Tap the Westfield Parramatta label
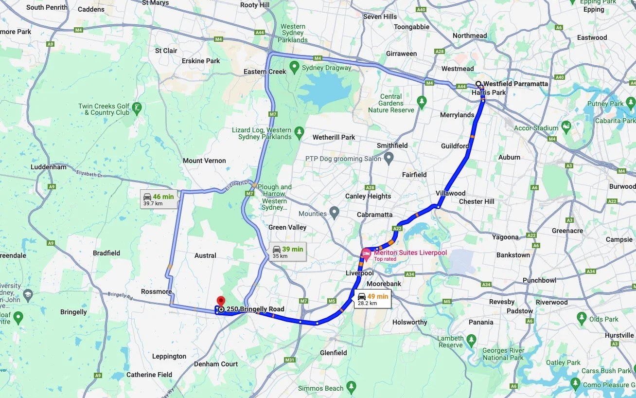[515, 84]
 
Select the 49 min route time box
[373, 299]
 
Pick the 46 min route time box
[159, 199]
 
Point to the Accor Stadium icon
[566, 127]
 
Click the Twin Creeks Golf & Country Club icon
[137, 107]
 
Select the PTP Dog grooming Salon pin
[389, 158]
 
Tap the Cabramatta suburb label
[374, 215]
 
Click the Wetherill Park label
[334, 137]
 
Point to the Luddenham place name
[48, 167]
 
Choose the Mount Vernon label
[204, 161]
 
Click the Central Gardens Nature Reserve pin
[422, 101]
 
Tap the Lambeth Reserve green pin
[471, 339]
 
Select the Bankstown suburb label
[513, 255]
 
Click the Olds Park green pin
[582, 318]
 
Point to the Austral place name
[205, 255]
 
